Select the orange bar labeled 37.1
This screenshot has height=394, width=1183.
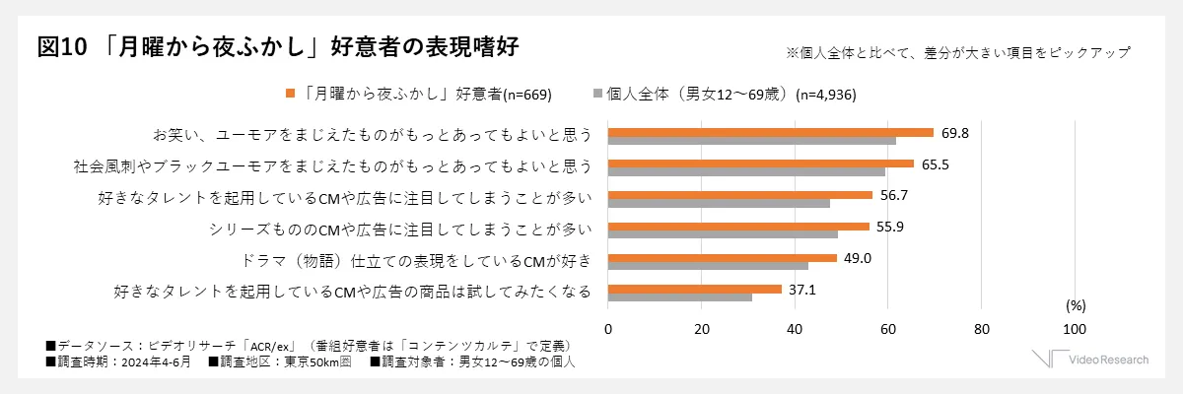point(695,289)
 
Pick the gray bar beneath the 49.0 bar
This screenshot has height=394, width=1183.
point(708,265)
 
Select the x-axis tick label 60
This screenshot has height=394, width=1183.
point(887,328)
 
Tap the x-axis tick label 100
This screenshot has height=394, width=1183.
point(1075,328)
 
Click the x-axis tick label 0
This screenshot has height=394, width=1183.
point(608,328)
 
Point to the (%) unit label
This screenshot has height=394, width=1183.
point(1076,304)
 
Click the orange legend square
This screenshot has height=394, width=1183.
point(291,94)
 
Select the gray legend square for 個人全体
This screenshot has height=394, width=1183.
point(597,94)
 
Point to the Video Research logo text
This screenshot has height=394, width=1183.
point(1109,360)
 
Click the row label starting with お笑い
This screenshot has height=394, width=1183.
point(372,134)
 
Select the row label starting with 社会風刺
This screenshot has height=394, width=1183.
point(332,165)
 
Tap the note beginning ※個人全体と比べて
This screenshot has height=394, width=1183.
point(957,52)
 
